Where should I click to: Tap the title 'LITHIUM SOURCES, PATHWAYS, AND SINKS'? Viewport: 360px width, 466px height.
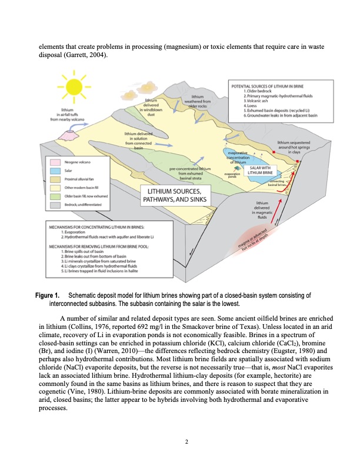pos(172,197)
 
